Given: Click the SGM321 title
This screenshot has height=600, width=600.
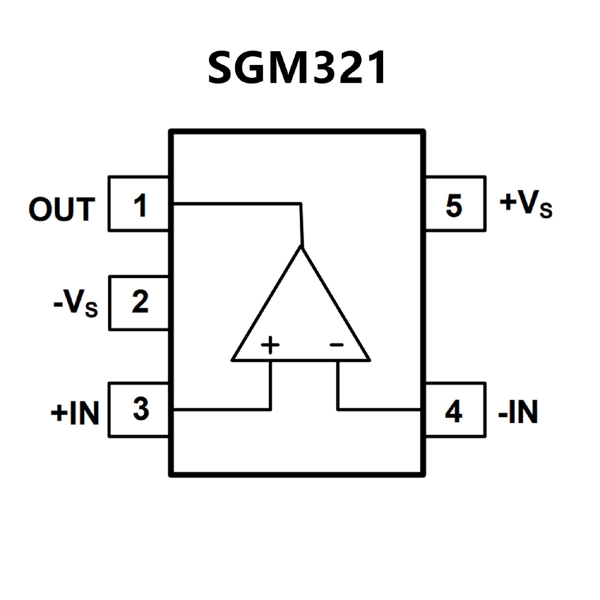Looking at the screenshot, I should (297, 68).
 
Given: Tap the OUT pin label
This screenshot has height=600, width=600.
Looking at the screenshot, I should (62, 209).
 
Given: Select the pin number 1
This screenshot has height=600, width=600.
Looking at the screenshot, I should (140, 205).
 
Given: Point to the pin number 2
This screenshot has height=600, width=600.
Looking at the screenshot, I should (140, 302).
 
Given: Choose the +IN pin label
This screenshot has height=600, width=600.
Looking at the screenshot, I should (75, 413).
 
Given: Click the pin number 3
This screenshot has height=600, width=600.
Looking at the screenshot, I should (141, 409).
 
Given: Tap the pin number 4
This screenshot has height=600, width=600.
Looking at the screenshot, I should (453, 412).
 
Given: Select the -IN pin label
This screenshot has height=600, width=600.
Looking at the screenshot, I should (518, 412).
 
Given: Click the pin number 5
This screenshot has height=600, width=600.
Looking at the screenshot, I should (454, 205).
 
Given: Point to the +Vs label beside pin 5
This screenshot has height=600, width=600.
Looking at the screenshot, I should (526, 204).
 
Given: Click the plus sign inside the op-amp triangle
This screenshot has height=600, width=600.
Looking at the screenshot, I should (270, 345).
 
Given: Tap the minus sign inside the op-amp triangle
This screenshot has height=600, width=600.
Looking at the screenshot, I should (337, 345).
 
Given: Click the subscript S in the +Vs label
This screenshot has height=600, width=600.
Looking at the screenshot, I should (546, 210).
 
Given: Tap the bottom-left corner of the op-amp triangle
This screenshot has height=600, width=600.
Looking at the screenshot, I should (232, 360).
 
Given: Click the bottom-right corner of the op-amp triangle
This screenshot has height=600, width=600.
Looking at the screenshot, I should (370, 360).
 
